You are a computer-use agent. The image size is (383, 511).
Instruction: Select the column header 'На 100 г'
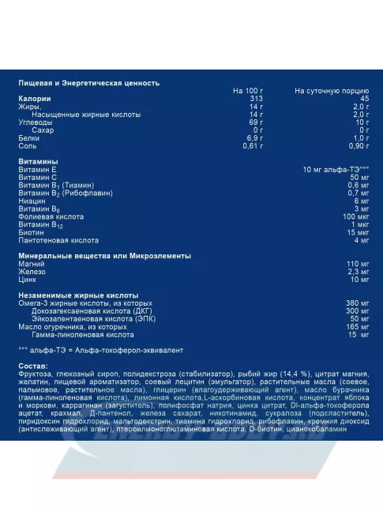point(248,92)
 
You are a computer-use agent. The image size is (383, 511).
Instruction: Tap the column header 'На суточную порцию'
point(332,92)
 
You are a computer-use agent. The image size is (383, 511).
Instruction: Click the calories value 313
point(254,100)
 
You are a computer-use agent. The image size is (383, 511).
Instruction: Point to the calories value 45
point(364,100)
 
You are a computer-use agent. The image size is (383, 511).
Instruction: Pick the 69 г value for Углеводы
point(255,122)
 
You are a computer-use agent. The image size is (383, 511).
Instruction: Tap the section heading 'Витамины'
point(37,161)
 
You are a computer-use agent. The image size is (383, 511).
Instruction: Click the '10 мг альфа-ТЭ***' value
point(336,169)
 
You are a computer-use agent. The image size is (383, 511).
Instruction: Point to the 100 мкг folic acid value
point(356,216)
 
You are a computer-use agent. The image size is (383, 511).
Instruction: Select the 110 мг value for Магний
point(358,264)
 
